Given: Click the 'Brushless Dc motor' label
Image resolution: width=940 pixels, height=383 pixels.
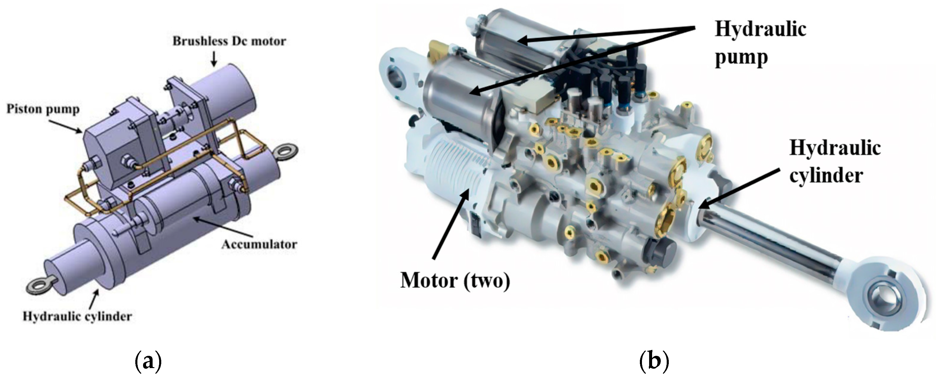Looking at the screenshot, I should click(x=229, y=41).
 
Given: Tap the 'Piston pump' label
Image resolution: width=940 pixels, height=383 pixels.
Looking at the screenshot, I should click(x=43, y=109).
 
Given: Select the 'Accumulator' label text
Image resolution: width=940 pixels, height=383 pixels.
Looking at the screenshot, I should click(x=259, y=244).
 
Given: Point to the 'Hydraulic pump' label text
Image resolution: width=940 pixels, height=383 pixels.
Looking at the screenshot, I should click(x=760, y=43).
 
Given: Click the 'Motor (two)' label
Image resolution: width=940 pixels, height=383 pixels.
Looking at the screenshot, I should click(x=455, y=281).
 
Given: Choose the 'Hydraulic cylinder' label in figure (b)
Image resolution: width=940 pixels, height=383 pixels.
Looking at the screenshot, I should click(x=834, y=162).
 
